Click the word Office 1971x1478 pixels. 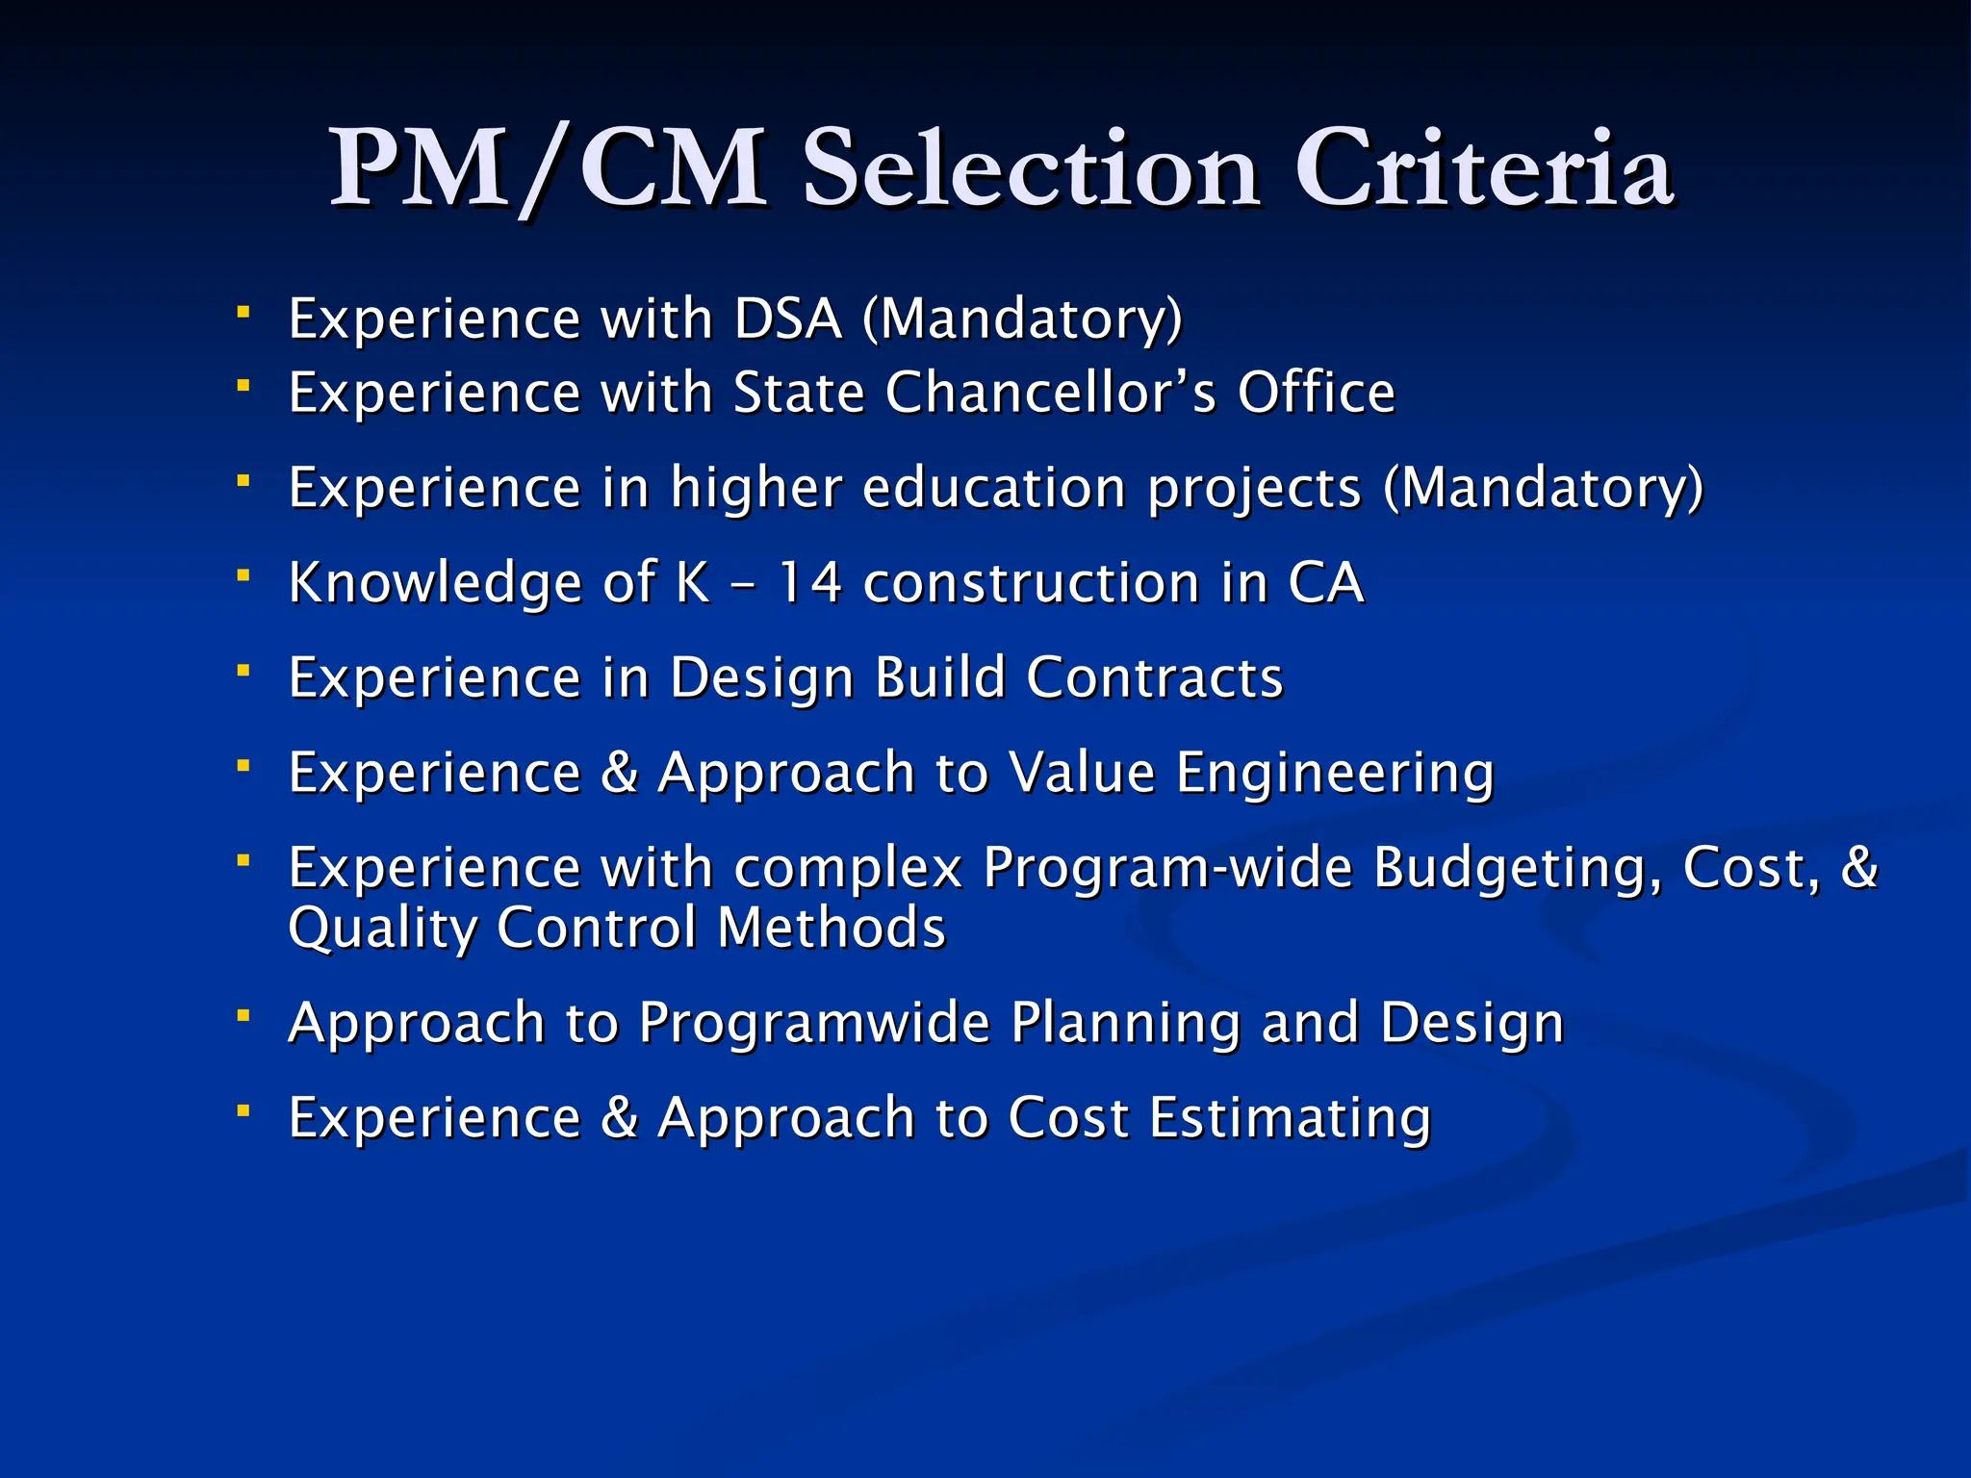(1316, 393)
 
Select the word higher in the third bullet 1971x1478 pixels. (755, 488)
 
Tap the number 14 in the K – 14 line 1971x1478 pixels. (809, 583)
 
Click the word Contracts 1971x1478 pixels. (1154, 677)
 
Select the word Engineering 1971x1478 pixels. (1335, 775)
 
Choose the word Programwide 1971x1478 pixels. (814, 1022)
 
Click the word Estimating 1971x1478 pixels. (1290, 1118)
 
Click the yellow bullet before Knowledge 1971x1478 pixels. (244, 575)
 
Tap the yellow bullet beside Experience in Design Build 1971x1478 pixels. (244, 670)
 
